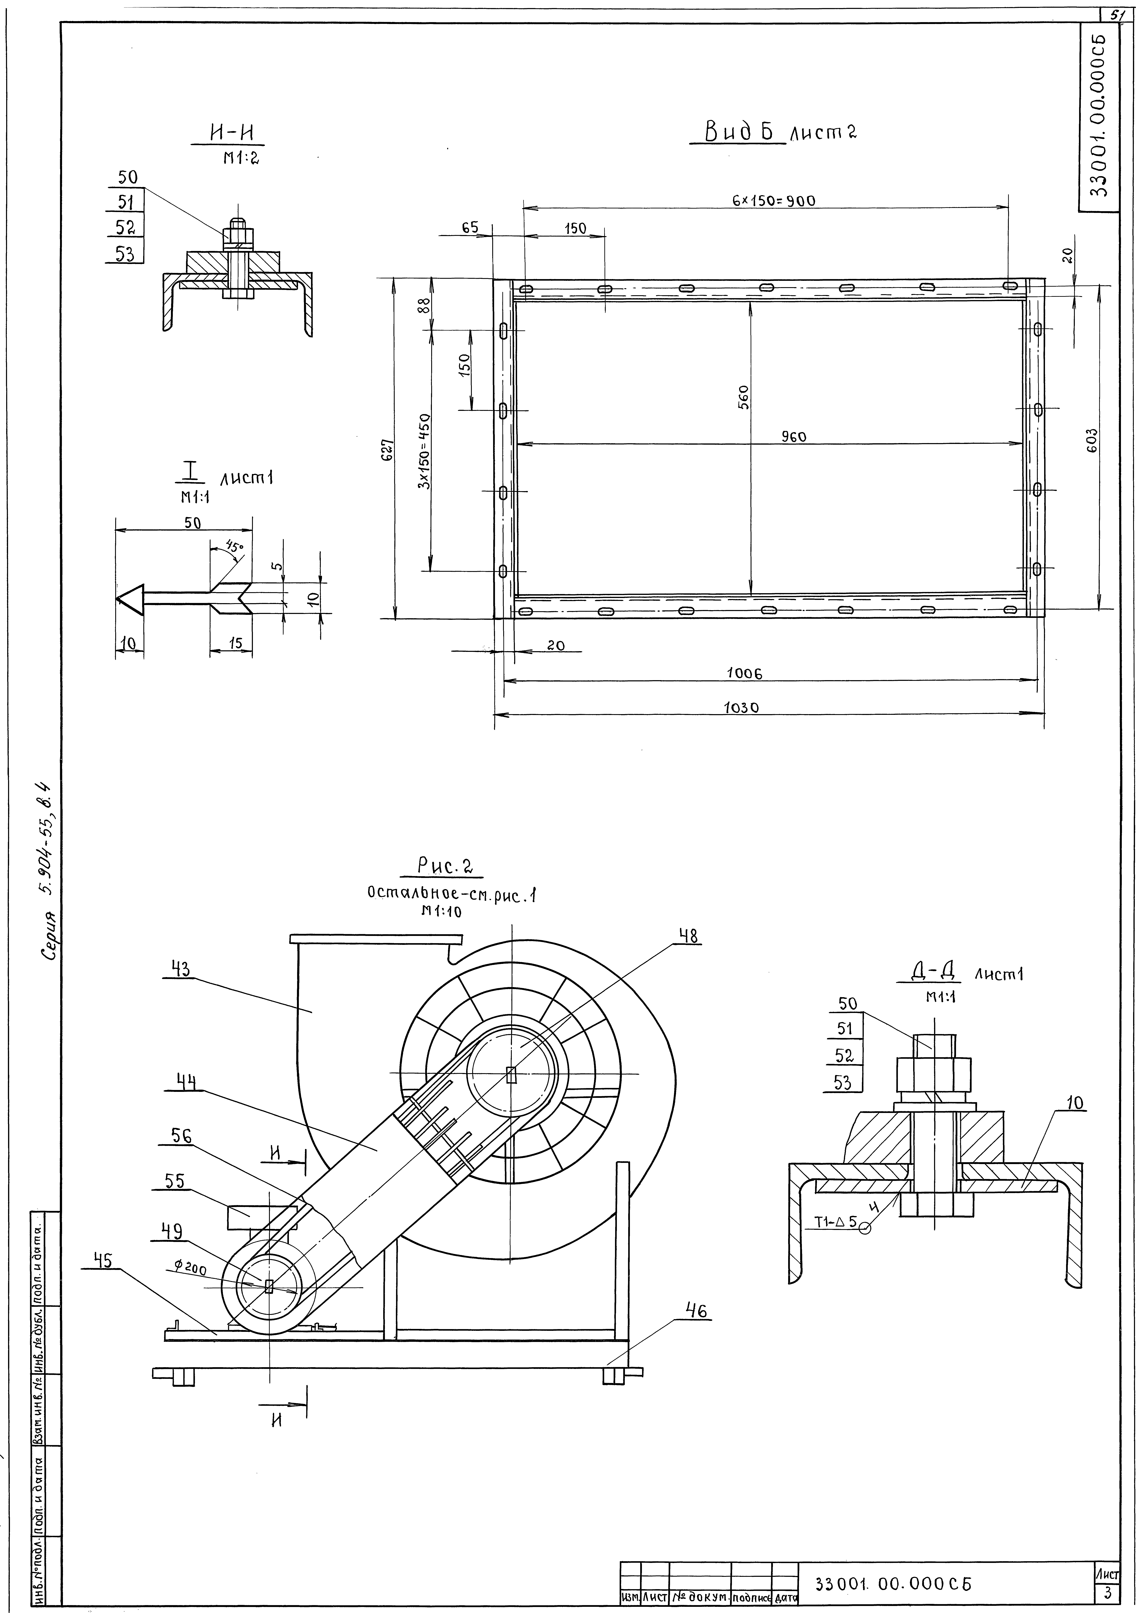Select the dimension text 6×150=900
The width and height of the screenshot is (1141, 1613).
773,201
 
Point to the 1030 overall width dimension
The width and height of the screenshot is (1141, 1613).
741,708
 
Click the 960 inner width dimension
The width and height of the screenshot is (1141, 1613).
794,436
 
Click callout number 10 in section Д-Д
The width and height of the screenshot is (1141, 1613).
1075,1104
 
